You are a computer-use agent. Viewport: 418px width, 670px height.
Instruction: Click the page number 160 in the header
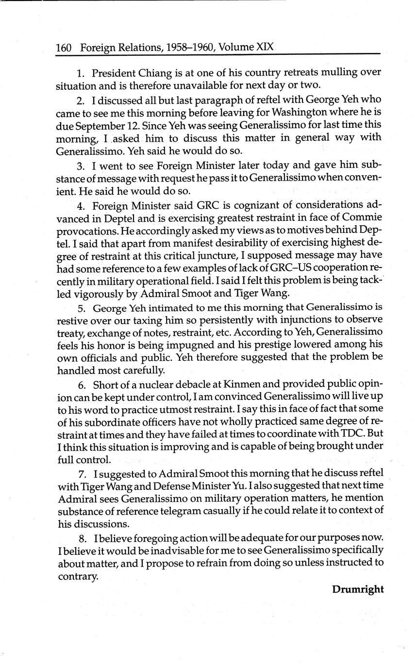[x=64, y=48]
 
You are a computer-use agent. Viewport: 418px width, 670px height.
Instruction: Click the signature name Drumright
[x=358, y=589]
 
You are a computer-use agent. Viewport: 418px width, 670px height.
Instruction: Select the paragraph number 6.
[x=81, y=385]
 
